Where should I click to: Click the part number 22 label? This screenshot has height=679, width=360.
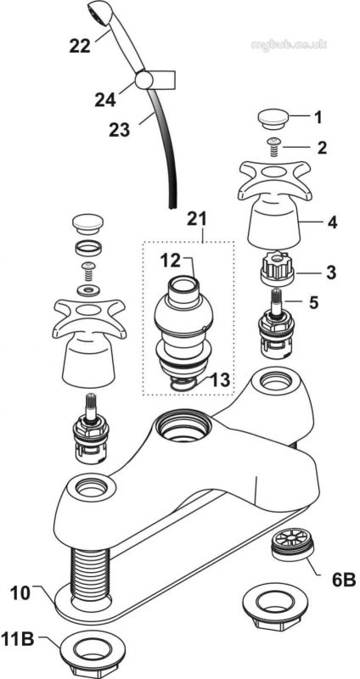pyautogui.click(x=80, y=45)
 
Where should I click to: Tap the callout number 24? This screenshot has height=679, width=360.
pyautogui.click(x=105, y=99)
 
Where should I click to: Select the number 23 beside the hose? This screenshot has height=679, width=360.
pyautogui.click(x=119, y=130)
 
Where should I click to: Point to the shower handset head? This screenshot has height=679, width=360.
pyautogui.click(x=102, y=13)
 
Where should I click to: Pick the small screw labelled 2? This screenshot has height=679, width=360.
pyautogui.click(x=273, y=146)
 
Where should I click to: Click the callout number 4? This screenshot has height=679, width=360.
pyautogui.click(x=332, y=222)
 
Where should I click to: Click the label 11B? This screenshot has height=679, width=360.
pyautogui.click(x=18, y=639)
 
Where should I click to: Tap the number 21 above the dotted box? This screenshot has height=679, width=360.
pyautogui.click(x=197, y=219)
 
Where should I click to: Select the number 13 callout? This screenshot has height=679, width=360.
pyautogui.click(x=219, y=380)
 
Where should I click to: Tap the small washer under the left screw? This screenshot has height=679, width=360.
pyautogui.click(x=88, y=289)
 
